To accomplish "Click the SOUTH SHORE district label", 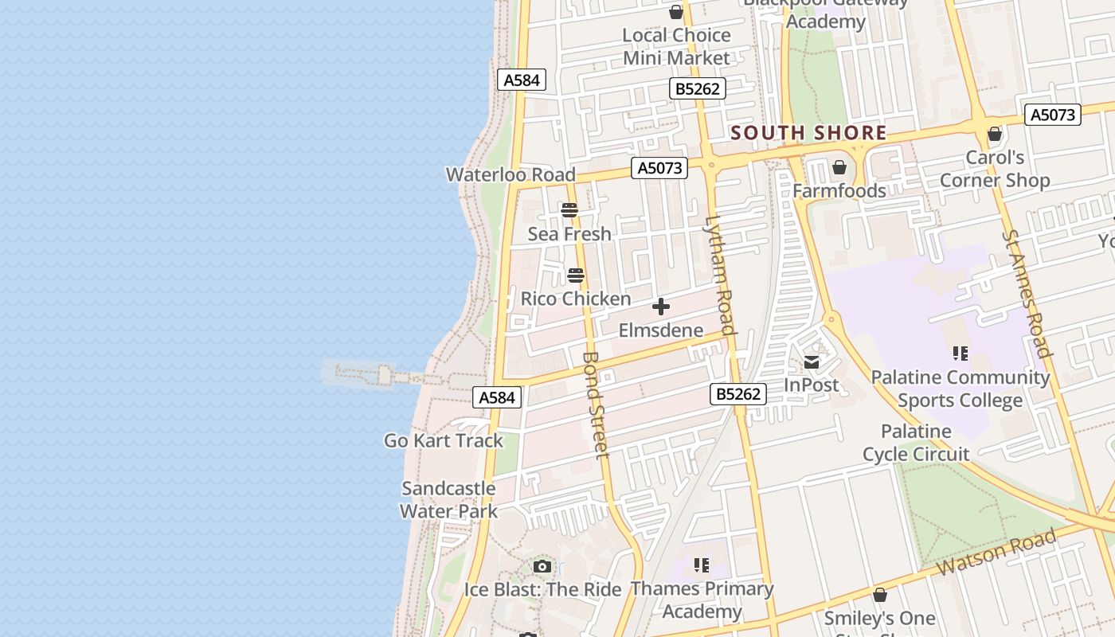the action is [x=808, y=133].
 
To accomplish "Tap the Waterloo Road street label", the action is [x=511, y=174].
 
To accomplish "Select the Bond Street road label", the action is [x=596, y=405].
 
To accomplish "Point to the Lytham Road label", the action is [x=719, y=275].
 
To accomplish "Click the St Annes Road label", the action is [x=1027, y=294].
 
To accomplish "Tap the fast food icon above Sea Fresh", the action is [x=569, y=210].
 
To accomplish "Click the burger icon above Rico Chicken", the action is [x=576, y=276].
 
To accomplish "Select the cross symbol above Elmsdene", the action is [x=660, y=307].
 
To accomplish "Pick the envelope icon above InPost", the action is [x=812, y=362].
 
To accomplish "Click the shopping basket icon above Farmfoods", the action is [x=839, y=167].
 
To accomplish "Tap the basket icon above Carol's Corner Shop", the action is [x=995, y=134].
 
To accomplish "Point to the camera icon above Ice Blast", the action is [x=542, y=567].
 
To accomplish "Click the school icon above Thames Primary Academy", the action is [x=702, y=565].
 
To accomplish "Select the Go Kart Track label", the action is [x=444, y=440].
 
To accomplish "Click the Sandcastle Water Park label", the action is [x=448, y=500].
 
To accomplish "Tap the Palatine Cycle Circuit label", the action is [x=916, y=443].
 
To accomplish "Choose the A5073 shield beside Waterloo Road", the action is [x=659, y=168].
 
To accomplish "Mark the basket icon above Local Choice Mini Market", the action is [x=676, y=12].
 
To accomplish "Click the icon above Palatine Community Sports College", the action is [x=960, y=353].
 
